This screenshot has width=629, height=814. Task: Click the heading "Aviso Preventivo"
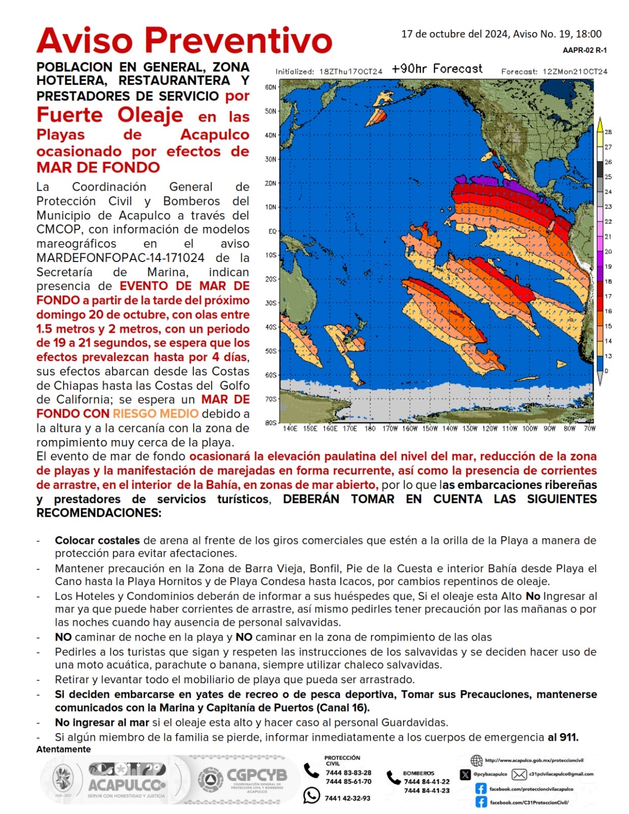184,40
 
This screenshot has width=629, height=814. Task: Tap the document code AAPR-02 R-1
584,50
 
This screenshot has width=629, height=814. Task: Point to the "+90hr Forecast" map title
437,69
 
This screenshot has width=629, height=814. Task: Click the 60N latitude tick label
271,88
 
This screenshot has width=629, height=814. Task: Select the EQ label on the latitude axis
272,231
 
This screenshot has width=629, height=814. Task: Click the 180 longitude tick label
370,429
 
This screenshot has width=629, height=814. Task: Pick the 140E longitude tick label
290,429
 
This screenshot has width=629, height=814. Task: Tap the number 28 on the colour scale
608,132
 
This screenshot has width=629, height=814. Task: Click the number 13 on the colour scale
608,356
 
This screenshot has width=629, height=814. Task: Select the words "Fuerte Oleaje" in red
109,115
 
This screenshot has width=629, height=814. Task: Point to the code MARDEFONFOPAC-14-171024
120,258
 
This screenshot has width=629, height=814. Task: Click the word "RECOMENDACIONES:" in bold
99,513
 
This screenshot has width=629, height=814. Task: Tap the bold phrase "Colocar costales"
97,540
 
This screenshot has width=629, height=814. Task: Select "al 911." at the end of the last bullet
563,737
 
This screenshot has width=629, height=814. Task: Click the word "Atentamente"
64,749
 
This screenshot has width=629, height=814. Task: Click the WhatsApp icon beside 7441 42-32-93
311,795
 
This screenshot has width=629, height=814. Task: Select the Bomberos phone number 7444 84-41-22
426,782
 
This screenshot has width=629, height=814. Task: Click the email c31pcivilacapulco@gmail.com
561,774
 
